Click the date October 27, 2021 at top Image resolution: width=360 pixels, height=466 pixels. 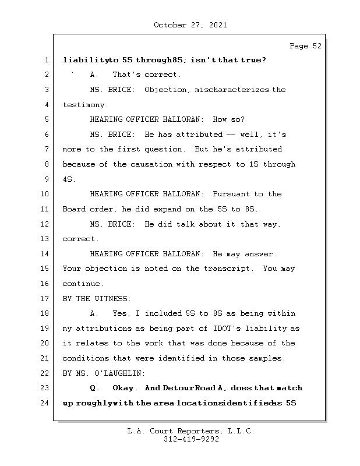(x=190, y=25)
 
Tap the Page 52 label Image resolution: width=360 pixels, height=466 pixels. (x=305, y=47)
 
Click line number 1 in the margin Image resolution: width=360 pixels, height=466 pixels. (x=45, y=60)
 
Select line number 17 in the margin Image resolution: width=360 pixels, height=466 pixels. (x=45, y=299)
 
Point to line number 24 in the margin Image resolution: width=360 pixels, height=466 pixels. (x=45, y=403)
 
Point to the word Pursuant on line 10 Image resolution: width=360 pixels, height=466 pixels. (x=231, y=194)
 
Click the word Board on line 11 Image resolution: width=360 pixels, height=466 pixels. (x=73, y=209)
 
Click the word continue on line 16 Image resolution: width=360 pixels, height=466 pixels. (x=83, y=284)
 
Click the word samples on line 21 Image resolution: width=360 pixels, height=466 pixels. (x=266, y=358)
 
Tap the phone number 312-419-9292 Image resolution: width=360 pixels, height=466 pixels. (x=191, y=440)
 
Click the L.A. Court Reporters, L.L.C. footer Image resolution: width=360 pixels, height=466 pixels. (x=190, y=432)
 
